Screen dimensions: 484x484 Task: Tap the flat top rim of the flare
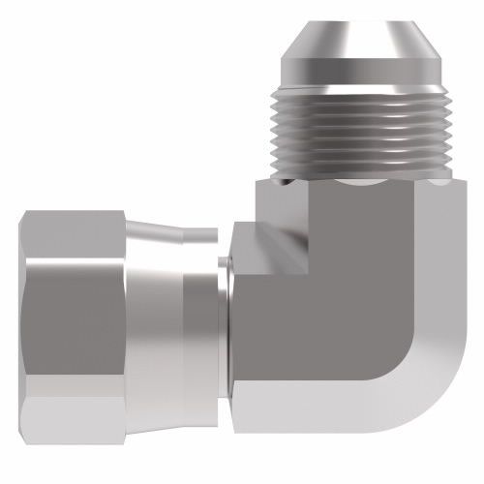coord(362,17)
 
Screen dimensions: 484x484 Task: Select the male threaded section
coord(362,131)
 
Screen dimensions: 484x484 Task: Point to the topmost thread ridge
coord(362,95)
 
